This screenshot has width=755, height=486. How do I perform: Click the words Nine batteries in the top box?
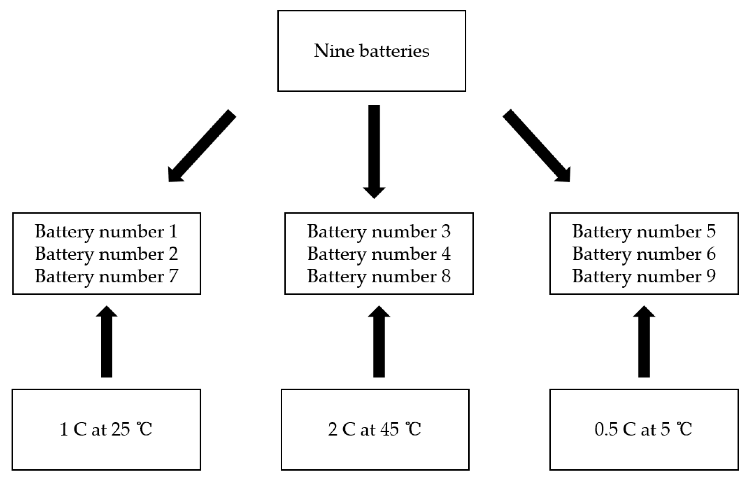tap(371, 51)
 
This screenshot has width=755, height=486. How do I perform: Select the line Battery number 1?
tap(106, 232)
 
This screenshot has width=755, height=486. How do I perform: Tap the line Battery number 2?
tap(106, 254)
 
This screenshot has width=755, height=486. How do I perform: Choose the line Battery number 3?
tap(379, 232)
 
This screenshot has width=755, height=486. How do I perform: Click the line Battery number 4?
tap(379, 254)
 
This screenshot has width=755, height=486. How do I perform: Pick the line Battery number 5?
tap(644, 232)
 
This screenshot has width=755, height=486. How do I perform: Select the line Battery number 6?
tap(644, 254)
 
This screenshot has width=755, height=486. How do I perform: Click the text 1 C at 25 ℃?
tap(106, 429)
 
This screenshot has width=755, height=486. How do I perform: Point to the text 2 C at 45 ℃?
tap(375, 429)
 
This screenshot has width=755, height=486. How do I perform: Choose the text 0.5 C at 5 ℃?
tap(643, 429)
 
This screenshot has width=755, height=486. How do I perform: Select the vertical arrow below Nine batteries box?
tap(374, 150)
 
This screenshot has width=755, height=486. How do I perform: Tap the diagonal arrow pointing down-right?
tap(537, 146)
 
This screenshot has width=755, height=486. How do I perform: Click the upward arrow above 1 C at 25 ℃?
tap(106, 342)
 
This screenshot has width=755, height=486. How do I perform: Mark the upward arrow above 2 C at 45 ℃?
tap(379, 342)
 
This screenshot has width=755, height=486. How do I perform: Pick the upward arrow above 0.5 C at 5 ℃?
tap(644, 342)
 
